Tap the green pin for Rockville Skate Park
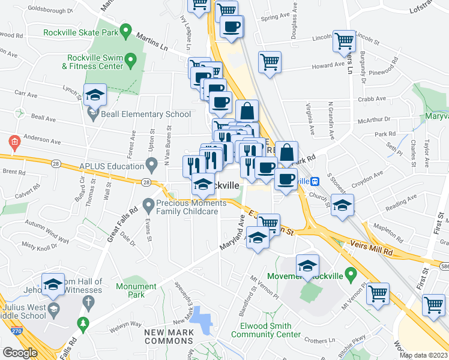125,30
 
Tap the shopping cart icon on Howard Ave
270,61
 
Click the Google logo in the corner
20,353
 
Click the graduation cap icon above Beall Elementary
94,96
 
